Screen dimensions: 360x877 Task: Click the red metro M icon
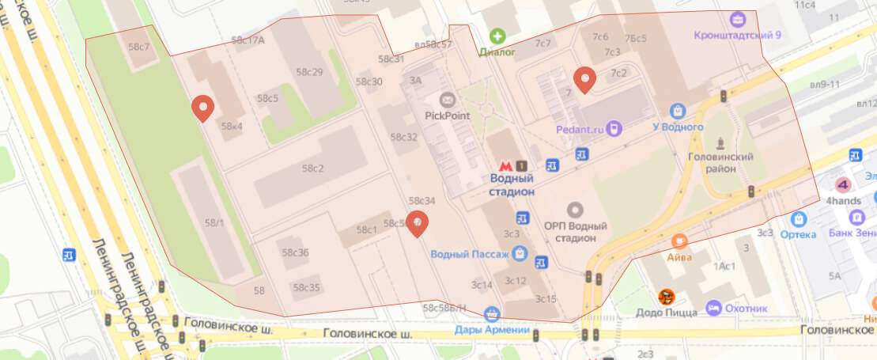click(503, 166)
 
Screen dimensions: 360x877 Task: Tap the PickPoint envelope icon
click(447, 100)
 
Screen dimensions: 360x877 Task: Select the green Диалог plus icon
click(497, 36)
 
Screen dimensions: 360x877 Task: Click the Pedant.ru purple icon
click(614, 127)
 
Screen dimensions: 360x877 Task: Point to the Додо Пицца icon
click(667, 297)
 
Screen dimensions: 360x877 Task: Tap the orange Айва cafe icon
click(679, 240)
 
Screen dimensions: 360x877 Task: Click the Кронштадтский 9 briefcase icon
click(739, 18)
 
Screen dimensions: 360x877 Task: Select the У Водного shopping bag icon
click(677, 112)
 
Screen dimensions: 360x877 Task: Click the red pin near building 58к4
click(203, 108)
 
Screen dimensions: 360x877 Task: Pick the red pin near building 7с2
click(584, 79)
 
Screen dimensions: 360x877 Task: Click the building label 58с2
click(313, 169)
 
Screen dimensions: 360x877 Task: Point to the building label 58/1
click(214, 224)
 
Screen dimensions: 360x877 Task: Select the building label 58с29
click(309, 72)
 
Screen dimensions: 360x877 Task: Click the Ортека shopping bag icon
click(799, 219)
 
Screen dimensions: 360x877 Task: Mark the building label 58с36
click(295, 252)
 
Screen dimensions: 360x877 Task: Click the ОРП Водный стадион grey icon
click(575, 210)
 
